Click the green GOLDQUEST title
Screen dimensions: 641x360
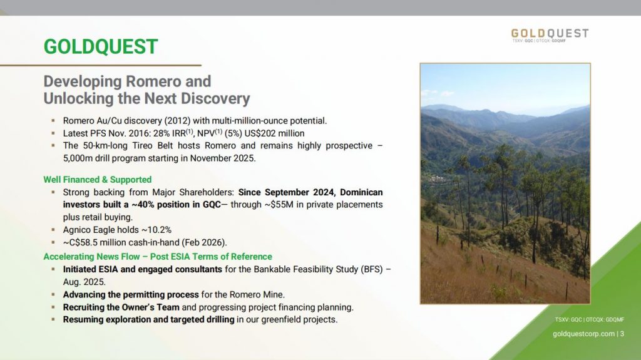pyautogui.click(x=101, y=46)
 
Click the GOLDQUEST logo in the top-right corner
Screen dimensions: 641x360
pyautogui.click(x=550, y=35)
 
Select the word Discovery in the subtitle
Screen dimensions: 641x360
pyautogui.click(x=215, y=98)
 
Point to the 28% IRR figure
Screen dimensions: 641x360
pyautogui.click(x=169, y=133)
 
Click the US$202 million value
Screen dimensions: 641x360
pyautogui.click(x=274, y=133)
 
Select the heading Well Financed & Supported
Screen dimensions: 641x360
pyautogui.click(x=97, y=180)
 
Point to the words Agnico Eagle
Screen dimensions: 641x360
pyautogui.click(x=89, y=230)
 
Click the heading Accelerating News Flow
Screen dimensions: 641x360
pyautogui.click(x=91, y=257)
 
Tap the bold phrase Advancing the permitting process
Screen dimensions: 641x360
pyautogui.click(x=131, y=294)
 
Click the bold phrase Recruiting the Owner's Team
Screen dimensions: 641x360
pyautogui.click(x=121, y=307)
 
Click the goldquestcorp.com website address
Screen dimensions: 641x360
pyautogui.click(x=584, y=334)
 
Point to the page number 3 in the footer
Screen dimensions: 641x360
pyautogui.click(x=622, y=334)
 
